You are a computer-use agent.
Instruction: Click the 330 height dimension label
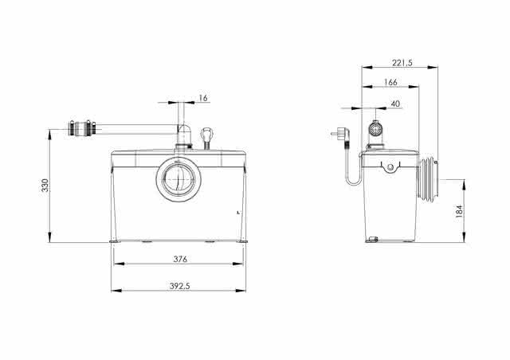click(x=45, y=186)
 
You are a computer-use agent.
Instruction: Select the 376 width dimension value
click(x=180, y=259)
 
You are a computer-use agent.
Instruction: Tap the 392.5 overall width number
click(x=179, y=286)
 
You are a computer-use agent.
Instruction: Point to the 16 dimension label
click(x=203, y=98)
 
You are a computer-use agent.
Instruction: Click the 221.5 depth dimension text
click(x=402, y=63)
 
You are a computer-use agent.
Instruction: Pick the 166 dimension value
click(x=390, y=82)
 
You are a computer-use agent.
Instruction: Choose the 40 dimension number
click(x=395, y=104)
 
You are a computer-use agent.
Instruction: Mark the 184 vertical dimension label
click(x=459, y=211)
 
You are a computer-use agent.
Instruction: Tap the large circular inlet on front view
click(x=176, y=179)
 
